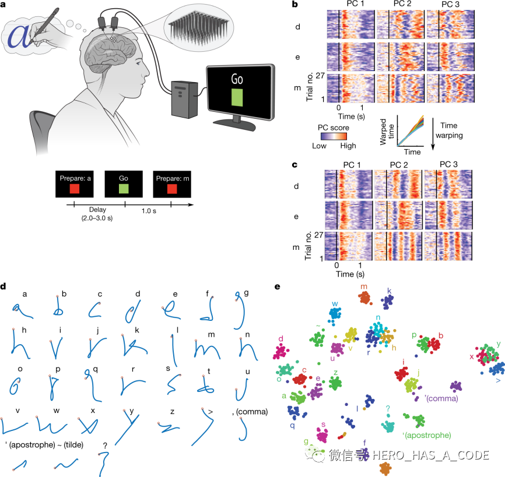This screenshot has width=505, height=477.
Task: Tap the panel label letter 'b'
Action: click(295, 5)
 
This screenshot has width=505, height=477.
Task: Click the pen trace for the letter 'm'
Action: click(209, 350)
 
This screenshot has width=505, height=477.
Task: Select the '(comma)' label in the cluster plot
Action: click(443, 398)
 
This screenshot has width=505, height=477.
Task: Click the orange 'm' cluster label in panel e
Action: click(363, 287)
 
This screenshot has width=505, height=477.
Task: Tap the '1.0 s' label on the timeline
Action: click(148, 213)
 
